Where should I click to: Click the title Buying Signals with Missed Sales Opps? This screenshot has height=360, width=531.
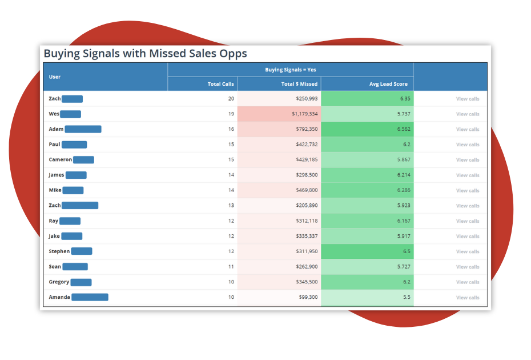[145, 54]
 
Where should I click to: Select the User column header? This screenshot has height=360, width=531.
[55, 77]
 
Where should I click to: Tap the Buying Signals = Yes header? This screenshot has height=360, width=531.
[290, 70]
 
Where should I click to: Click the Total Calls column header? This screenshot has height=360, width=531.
[220, 84]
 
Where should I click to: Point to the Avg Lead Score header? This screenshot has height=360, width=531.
[388, 84]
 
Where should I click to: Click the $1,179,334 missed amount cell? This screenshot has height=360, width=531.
[304, 114]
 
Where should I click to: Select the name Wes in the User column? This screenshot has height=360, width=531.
[54, 114]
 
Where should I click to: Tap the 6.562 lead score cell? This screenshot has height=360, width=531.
[403, 129]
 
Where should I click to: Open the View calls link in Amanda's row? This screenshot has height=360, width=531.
[467, 297]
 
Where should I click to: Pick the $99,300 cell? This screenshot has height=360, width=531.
[307, 297]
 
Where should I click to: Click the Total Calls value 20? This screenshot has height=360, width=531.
[231, 99]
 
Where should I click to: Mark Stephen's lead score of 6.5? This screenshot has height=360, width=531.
[406, 251]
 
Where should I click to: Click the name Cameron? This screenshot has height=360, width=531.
[60, 159]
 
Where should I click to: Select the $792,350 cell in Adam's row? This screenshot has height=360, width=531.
[307, 129]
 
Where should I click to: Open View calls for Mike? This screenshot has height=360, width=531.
[467, 190]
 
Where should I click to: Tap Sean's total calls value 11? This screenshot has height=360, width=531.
[231, 267]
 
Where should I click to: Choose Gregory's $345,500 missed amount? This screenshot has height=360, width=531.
[307, 282]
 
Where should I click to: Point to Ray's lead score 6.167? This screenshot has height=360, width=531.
[403, 221]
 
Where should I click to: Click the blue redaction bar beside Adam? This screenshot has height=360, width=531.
[83, 129]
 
